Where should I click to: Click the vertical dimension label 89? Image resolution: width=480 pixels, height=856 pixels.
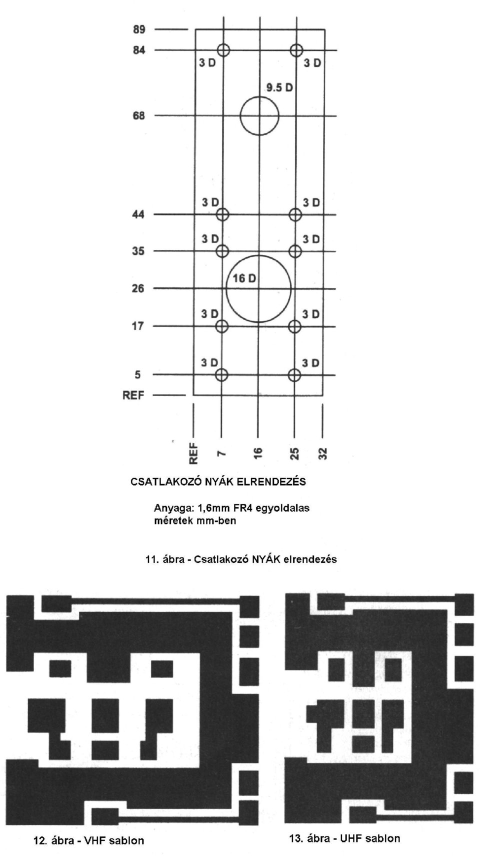click(x=139, y=29)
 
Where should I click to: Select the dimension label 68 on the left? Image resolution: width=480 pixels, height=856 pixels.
click(x=139, y=115)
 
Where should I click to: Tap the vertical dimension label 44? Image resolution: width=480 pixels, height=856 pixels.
click(x=138, y=215)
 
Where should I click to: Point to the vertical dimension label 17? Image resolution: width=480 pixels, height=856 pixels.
click(x=138, y=326)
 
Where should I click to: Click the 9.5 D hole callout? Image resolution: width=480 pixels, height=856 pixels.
click(x=279, y=88)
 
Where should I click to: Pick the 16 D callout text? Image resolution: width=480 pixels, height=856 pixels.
click(x=244, y=278)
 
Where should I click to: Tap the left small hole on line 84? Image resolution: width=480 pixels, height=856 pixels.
click(x=223, y=49)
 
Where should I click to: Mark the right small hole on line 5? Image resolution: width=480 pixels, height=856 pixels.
click(x=294, y=375)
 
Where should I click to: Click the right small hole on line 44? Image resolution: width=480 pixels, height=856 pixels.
click(x=295, y=214)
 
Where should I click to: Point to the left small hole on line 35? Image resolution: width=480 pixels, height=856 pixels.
click(x=222, y=251)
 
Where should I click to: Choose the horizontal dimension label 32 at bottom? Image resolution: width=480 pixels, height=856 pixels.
click(x=323, y=453)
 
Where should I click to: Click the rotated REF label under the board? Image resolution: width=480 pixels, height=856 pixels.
click(x=194, y=453)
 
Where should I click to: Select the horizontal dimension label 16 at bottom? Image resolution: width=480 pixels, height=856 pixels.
click(x=258, y=453)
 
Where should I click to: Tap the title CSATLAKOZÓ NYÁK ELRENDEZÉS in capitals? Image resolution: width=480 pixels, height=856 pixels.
click(x=218, y=481)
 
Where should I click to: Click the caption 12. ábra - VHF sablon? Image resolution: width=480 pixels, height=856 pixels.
click(x=89, y=840)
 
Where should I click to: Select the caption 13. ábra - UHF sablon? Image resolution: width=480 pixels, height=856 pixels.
click(x=345, y=838)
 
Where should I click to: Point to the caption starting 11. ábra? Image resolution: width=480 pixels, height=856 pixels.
click(x=241, y=559)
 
